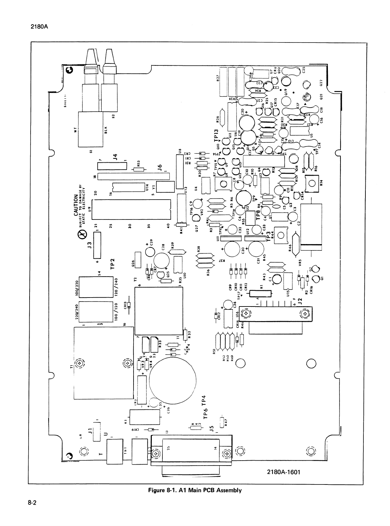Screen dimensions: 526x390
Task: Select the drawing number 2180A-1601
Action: [283, 472]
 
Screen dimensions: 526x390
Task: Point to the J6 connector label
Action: [159, 168]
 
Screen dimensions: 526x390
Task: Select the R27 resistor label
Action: [218, 79]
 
